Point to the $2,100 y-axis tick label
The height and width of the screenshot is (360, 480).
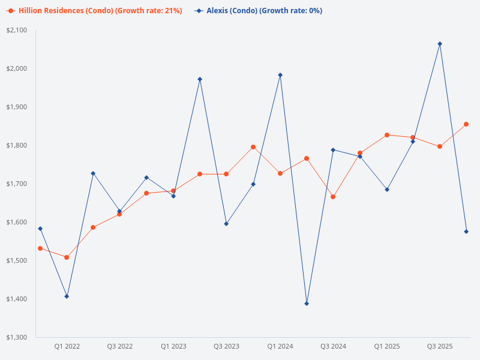pyautogui.click(x=17, y=30)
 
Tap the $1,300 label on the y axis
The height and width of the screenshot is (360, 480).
pyautogui.click(x=17, y=337)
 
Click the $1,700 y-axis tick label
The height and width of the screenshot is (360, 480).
pyautogui.click(x=17, y=184)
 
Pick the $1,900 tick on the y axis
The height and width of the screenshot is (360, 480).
pyautogui.click(x=17, y=107)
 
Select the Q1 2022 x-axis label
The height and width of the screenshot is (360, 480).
pyautogui.click(x=67, y=347)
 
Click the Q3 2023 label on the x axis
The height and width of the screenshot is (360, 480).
pyautogui.click(x=226, y=347)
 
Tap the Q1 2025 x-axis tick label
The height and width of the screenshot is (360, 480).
pyautogui.click(x=387, y=347)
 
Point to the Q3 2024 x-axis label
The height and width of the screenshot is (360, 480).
pyautogui.click(x=333, y=347)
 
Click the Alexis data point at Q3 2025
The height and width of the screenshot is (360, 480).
pyautogui.click(x=440, y=44)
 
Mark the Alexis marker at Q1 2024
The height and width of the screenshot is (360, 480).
pyautogui.click(x=280, y=75)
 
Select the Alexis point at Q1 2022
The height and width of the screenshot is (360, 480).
pyautogui.click(x=67, y=296)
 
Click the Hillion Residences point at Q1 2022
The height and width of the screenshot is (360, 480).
pyautogui.click(x=67, y=257)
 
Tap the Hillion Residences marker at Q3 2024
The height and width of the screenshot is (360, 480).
pyautogui.click(x=333, y=197)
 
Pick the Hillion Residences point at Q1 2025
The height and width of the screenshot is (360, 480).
pyautogui.click(x=387, y=135)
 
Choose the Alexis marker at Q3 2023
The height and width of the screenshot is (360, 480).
pyautogui.click(x=226, y=224)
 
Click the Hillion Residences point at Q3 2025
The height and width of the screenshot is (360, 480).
pyautogui.click(x=440, y=146)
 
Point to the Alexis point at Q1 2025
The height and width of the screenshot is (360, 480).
pyautogui.click(x=387, y=190)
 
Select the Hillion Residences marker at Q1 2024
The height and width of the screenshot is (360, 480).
pyautogui.click(x=280, y=173)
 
